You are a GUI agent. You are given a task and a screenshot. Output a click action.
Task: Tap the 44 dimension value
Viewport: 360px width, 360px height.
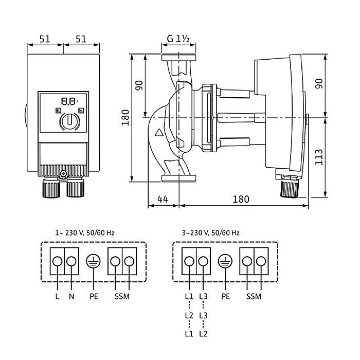pyautogui.click(x=163, y=199)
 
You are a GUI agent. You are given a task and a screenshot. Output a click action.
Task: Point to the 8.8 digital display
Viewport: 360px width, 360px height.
pyautogui.click(x=68, y=101)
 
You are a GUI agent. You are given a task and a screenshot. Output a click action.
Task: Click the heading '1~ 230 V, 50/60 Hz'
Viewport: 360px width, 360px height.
pyautogui.click(x=84, y=232)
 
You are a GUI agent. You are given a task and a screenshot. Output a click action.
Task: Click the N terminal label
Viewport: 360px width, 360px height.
pyautogui.click(x=72, y=297)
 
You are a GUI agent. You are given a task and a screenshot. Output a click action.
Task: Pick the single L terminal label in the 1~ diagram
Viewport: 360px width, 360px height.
pyautogui.click(x=57, y=297)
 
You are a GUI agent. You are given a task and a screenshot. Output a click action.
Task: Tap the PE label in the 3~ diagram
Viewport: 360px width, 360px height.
pyautogui.click(x=225, y=297)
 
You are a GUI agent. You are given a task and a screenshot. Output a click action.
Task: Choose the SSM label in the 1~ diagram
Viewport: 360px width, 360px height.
pyautogui.click(x=122, y=297)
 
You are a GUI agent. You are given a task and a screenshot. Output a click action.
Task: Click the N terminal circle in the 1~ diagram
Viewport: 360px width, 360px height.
pyautogui.click(x=72, y=262)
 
